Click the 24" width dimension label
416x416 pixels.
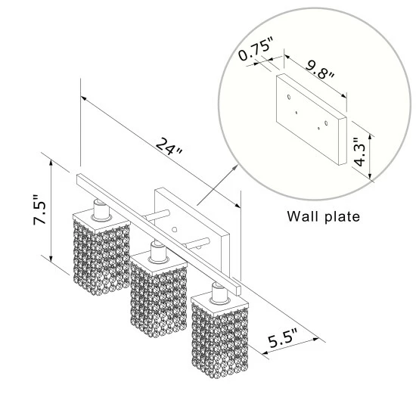coord(169,147)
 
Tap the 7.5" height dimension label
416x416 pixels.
coord(40,210)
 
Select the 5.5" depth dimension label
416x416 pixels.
coord(283,338)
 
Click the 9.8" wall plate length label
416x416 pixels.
coord(320,70)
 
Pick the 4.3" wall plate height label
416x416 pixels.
coord(360,152)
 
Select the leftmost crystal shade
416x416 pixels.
coord(101,257)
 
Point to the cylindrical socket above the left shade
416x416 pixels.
coord(101,210)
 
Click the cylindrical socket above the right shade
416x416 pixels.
coord(219,293)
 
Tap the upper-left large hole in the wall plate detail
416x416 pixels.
coord(289,97)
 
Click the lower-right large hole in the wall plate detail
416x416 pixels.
coord(326,123)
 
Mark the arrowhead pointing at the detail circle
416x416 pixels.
coord(235,166)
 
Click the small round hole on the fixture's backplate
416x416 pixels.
coord(174,229)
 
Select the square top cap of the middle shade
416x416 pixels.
coord(159,262)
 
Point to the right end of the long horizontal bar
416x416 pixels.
coord(237,290)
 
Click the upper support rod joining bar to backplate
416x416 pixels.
coord(157,215)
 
